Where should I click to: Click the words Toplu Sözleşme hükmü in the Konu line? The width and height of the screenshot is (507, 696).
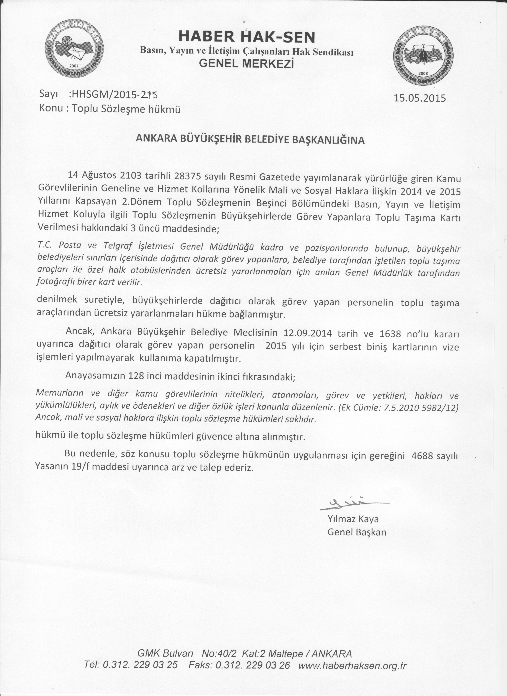(126, 109)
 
